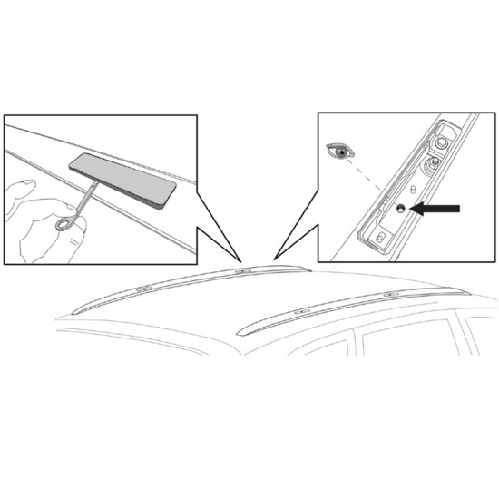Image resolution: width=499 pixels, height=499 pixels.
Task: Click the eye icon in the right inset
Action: coord(341,152)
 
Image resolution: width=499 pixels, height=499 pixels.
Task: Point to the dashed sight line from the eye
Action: coord(372,181)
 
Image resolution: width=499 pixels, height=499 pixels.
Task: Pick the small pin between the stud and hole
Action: coord(413,190)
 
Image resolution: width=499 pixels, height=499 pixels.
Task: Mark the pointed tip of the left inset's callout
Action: coord(240,260)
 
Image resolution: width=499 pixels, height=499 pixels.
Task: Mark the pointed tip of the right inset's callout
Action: coord(274,259)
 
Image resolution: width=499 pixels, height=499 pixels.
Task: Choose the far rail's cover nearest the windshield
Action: coord(142,289)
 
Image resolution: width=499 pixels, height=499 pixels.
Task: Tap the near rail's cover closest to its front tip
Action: coord(300,310)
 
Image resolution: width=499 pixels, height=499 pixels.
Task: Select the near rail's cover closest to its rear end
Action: coord(390,295)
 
